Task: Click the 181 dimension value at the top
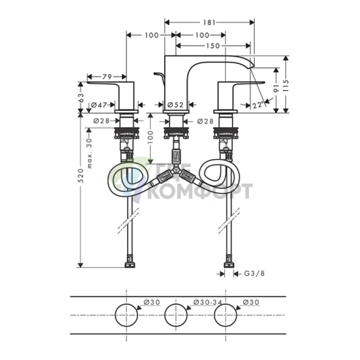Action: click(x=209, y=22)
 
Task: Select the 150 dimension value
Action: click(x=213, y=46)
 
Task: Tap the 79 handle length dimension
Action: click(x=107, y=77)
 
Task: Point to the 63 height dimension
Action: click(x=81, y=98)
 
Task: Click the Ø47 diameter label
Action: click(x=99, y=105)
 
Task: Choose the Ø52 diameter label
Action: click(x=176, y=105)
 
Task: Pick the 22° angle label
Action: click(x=258, y=105)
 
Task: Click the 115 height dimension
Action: click(x=286, y=85)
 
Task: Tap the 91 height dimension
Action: click(x=276, y=88)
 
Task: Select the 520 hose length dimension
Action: click(x=81, y=176)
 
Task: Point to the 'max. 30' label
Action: click(x=90, y=153)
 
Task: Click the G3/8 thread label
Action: click(x=254, y=274)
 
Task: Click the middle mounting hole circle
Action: click(x=176, y=315)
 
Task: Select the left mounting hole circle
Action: click(x=126, y=315)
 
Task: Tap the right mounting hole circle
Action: click(x=226, y=315)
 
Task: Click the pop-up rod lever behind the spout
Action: click(x=159, y=76)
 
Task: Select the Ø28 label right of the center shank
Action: click(x=205, y=121)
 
